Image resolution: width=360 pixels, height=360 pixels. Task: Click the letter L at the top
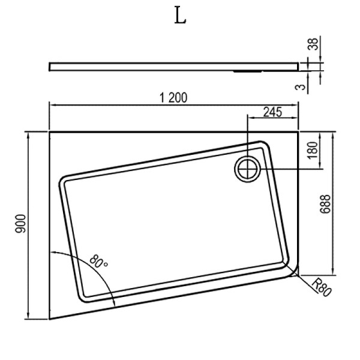click(180, 16)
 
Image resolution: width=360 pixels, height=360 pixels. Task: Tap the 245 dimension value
click(272, 111)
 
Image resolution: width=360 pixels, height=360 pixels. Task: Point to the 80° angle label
click(98, 262)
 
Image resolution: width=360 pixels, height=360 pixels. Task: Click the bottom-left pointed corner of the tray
click(50, 319)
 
